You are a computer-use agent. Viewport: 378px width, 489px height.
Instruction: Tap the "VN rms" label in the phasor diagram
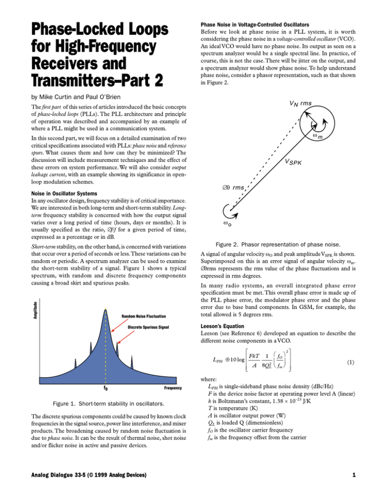[x=297, y=102]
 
